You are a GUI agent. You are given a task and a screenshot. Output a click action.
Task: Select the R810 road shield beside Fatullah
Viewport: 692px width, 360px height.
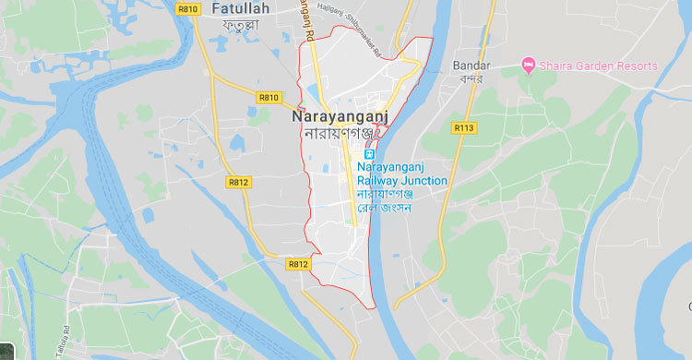[x=189, y=9]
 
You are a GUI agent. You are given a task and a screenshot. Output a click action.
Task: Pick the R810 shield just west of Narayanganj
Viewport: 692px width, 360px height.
[x=268, y=97]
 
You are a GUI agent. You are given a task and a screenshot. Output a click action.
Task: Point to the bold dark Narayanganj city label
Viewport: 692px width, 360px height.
[x=340, y=117]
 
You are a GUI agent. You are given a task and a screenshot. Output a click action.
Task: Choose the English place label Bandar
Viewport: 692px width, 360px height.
[x=471, y=66]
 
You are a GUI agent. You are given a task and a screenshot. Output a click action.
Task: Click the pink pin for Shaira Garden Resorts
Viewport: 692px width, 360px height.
[x=529, y=66]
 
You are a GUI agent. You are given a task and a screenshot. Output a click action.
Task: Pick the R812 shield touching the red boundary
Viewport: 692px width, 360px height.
[x=298, y=264]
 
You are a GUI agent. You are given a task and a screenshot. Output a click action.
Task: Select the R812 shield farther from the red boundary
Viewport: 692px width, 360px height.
[x=237, y=183]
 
